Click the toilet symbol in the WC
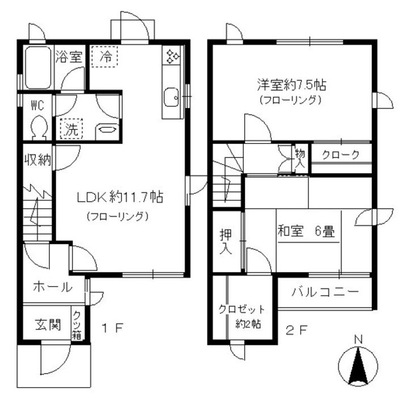[39, 128]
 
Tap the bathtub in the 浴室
[38, 68]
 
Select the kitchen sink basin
[172, 97]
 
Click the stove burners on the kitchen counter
[172, 56]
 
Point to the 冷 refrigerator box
[105, 56]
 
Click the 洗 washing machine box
[71, 128]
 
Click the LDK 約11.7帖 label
[120, 197]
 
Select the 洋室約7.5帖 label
[291, 85]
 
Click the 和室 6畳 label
[306, 231]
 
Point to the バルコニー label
[325, 291]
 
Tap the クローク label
[341, 155]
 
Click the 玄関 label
[48, 325]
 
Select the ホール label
[53, 287]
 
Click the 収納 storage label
[38, 160]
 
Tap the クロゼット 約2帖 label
[242, 316]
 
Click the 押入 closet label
[226, 241]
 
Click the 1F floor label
[112, 328]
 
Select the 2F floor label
[297, 331]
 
